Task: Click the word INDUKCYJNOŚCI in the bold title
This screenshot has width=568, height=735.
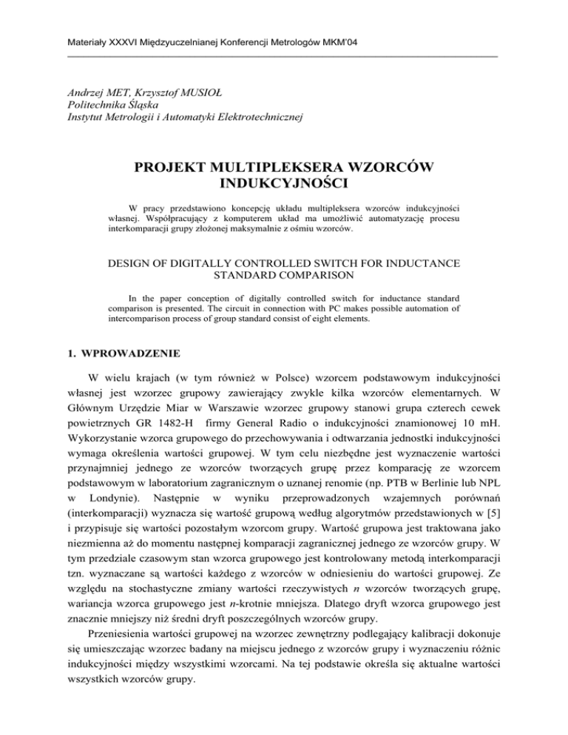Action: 283,192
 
